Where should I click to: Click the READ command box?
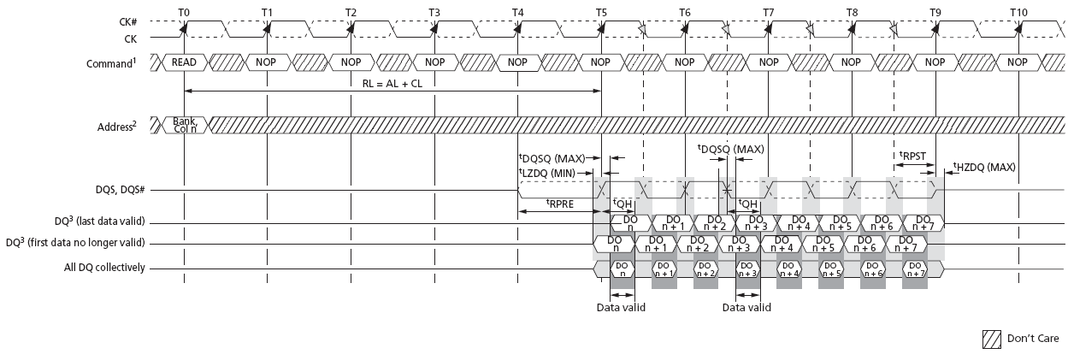point(185,62)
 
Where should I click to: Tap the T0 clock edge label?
point(185,13)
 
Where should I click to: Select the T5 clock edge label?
point(602,13)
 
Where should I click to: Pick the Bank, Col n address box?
point(185,125)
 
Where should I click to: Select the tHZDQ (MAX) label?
point(984,167)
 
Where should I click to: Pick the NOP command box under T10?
point(1018,62)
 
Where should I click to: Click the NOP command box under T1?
point(268,62)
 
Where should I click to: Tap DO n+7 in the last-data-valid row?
point(923,223)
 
